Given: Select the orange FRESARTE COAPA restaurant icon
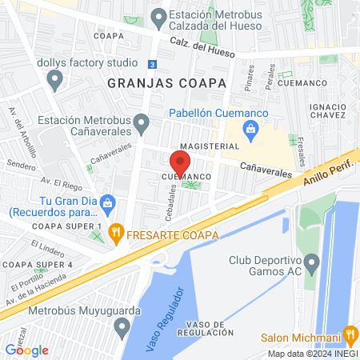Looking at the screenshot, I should (116, 234).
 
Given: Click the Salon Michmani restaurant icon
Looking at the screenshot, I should (350, 334).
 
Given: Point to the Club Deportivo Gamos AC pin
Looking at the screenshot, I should (313, 262).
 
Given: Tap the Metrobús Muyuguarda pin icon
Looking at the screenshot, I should (122, 326).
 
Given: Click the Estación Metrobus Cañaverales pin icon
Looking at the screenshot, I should (142, 124).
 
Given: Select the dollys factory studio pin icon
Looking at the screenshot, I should (55, 78).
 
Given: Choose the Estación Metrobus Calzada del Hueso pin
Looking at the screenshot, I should (158, 16).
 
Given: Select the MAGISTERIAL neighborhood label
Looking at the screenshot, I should (210, 146).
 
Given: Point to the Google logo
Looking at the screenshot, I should (27, 350).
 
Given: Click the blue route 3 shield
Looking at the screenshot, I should (153, 64).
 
